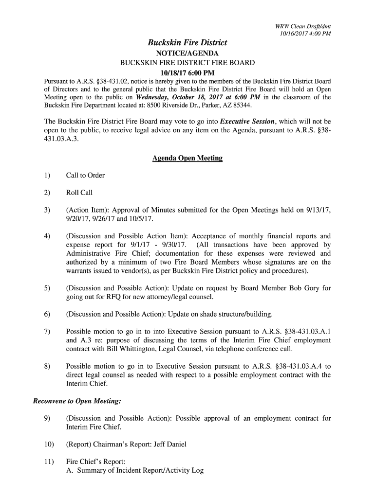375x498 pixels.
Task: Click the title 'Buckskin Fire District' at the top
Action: point(187,43)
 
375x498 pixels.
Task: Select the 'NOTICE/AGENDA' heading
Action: point(187,53)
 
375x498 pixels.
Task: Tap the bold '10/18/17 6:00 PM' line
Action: point(187,73)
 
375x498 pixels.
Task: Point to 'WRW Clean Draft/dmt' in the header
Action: point(303,26)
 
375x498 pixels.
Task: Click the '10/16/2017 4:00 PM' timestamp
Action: point(305,34)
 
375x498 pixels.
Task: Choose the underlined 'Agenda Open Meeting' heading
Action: point(187,158)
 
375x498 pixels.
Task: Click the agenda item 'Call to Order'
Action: point(85,175)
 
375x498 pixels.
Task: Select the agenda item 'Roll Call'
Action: point(79,193)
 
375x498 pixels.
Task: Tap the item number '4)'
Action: point(47,236)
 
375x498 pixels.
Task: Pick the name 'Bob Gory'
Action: point(304,288)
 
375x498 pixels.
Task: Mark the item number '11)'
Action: point(48,462)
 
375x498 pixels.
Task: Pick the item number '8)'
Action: point(47,366)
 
